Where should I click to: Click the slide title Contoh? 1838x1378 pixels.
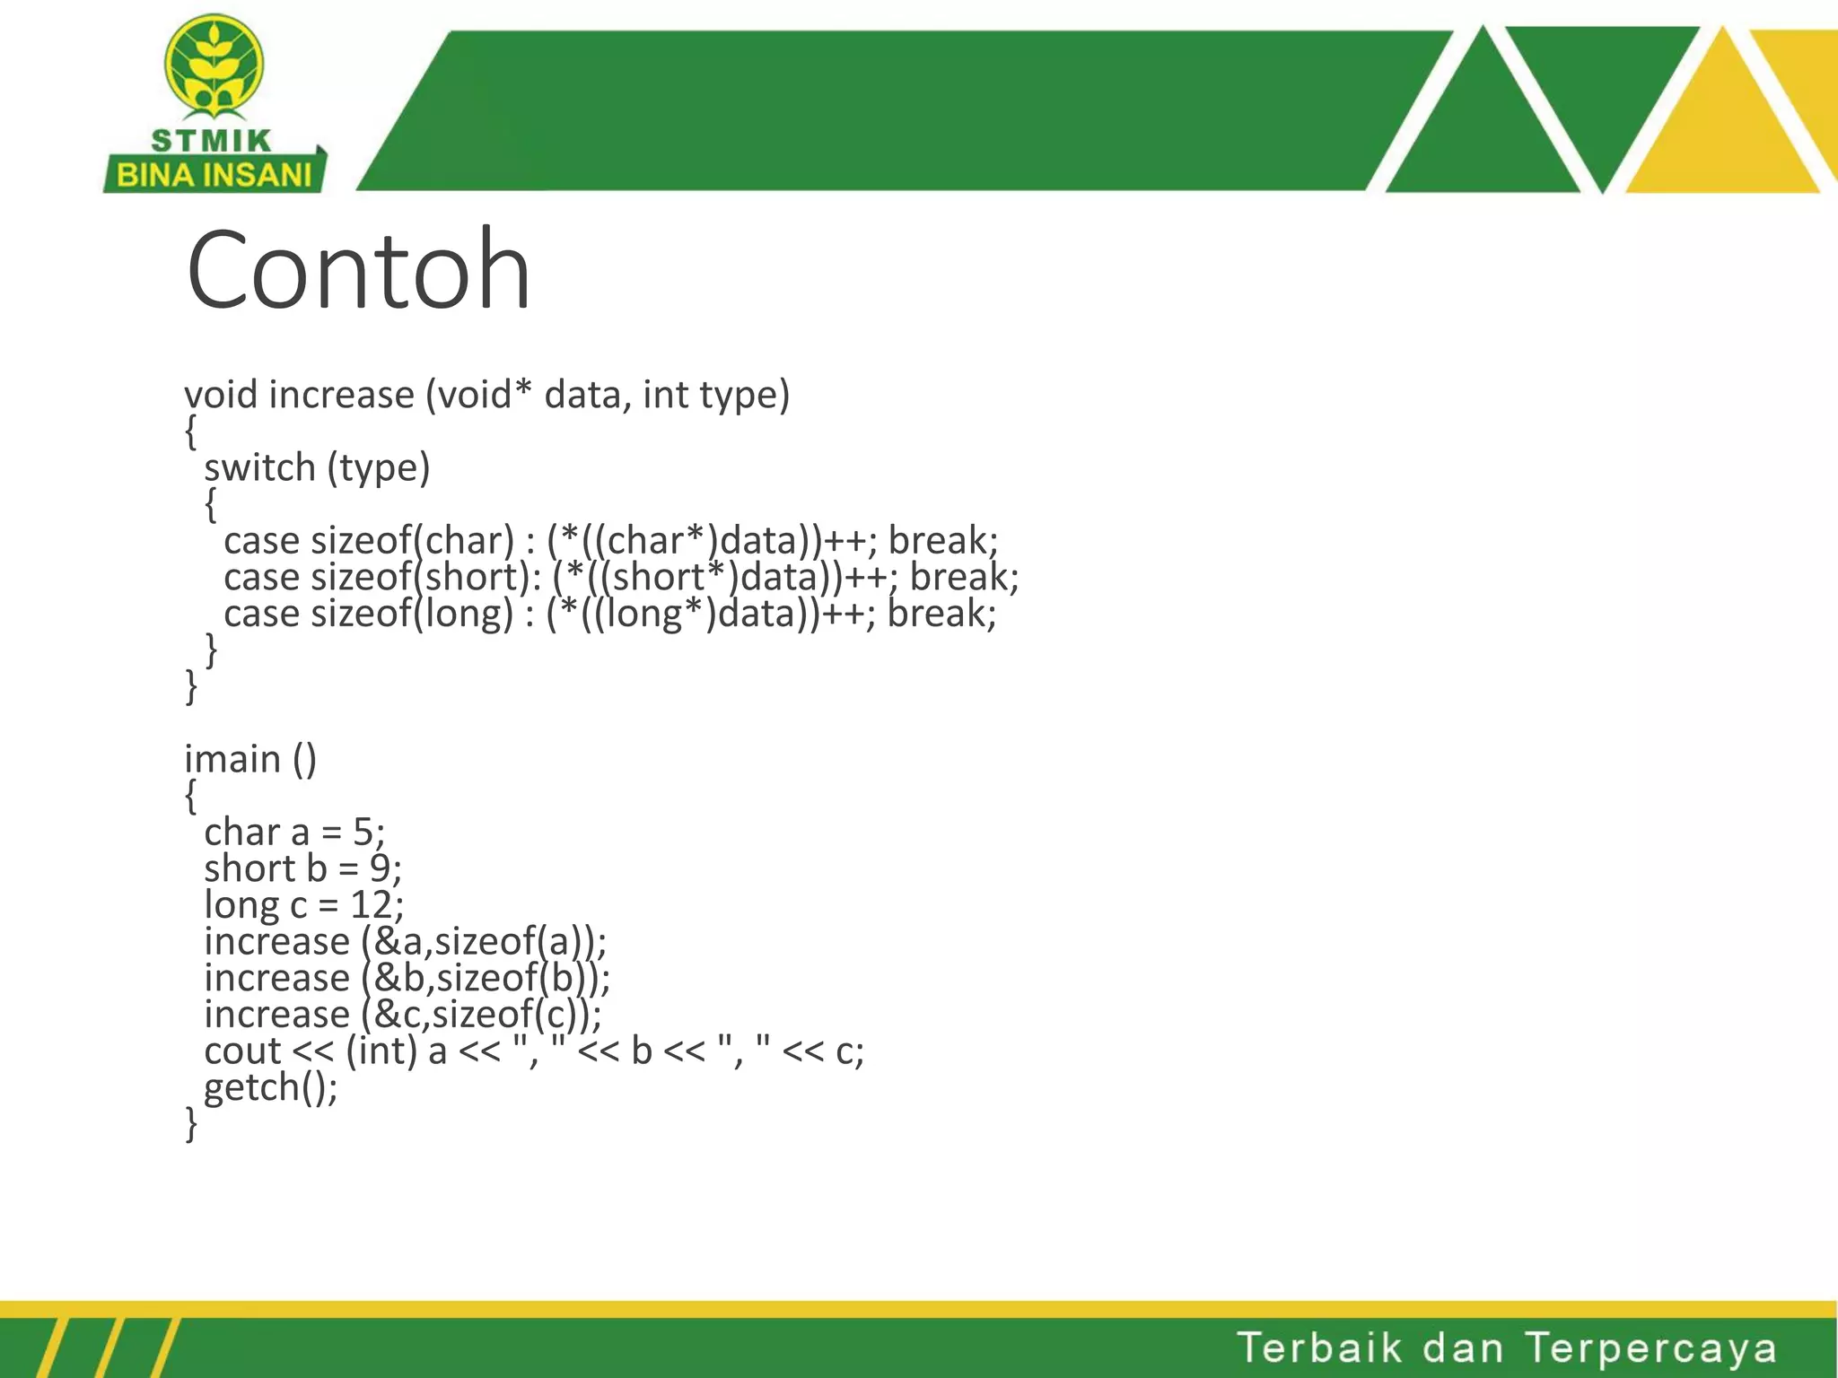pos(359,270)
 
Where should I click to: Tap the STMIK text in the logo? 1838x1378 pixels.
pos(212,141)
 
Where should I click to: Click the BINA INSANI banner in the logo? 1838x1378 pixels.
pos(214,175)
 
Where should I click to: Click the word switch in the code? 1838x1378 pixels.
pos(259,468)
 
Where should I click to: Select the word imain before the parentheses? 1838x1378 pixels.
pos(232,759)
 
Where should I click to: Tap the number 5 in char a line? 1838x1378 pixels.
pos(363,833)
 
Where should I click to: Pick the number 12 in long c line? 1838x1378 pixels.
pos(371,905)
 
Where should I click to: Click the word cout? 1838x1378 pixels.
pos(242,1051)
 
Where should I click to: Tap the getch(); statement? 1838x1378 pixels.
pos(270,1087)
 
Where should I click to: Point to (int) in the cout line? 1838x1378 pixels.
pos(381,1051)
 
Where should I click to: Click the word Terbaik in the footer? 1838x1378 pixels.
pos(1319,1347)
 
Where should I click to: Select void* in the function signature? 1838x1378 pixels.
pos(484,395)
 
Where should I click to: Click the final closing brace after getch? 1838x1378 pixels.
pos(190,1123)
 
